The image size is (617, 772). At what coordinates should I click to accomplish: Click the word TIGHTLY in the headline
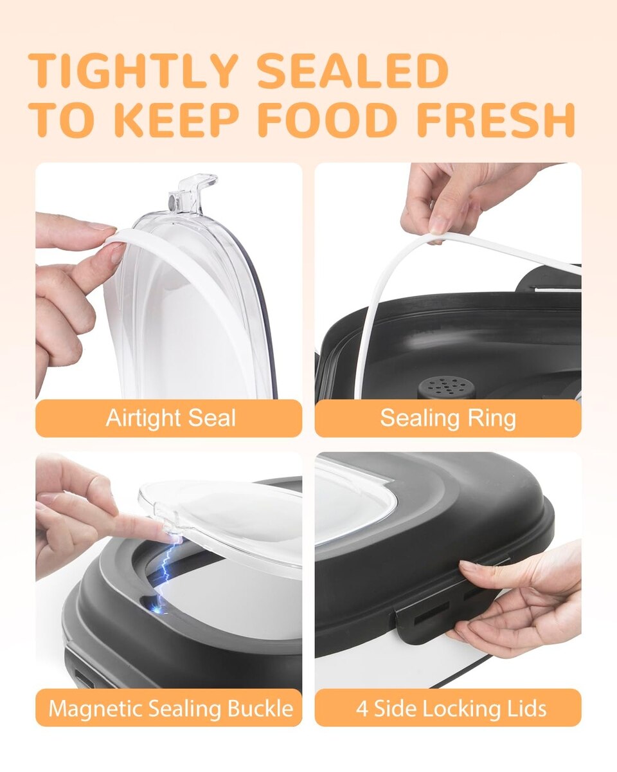tap(133, 71)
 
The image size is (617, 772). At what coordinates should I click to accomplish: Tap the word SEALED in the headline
tap(353, 71)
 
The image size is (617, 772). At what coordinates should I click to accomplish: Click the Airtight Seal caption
tap(171, 418)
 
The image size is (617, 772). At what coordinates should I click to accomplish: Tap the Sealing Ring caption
tap(448, 418)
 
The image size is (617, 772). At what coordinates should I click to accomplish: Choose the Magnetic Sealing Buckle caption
tap(171, 708)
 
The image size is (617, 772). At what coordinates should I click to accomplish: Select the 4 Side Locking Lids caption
tap(451, 708)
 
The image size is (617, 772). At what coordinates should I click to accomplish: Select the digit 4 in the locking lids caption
tap(363, 708)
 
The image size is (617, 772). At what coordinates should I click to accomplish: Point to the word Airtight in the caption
tap(144, 419)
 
